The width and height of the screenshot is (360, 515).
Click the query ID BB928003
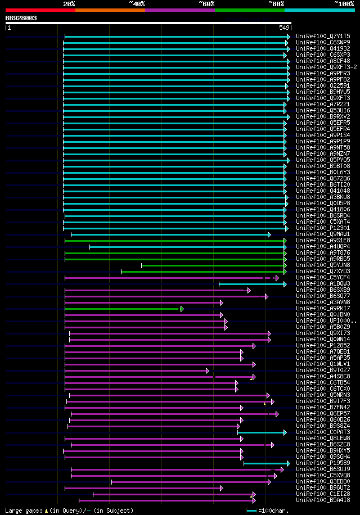pyautogui.click(x=21, y=18)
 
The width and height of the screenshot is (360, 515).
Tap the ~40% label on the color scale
pyautogui.click(x=137, y=3)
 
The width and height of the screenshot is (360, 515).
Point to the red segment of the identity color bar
pyautogui.click(x=40, y=10)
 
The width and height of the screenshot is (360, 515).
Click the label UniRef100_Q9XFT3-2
pyautogui.click(x=326, y=67)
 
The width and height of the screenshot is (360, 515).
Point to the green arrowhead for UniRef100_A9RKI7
pyautogui.click(x=182, y=309)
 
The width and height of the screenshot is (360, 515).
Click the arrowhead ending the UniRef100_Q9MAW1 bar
pyautogui.click(x=269, y=234)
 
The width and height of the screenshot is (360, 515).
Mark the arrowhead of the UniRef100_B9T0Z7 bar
pyautogui.click(x=207, y=371)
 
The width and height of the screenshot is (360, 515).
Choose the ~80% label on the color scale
pyautogui.click(x=276, y=3)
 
